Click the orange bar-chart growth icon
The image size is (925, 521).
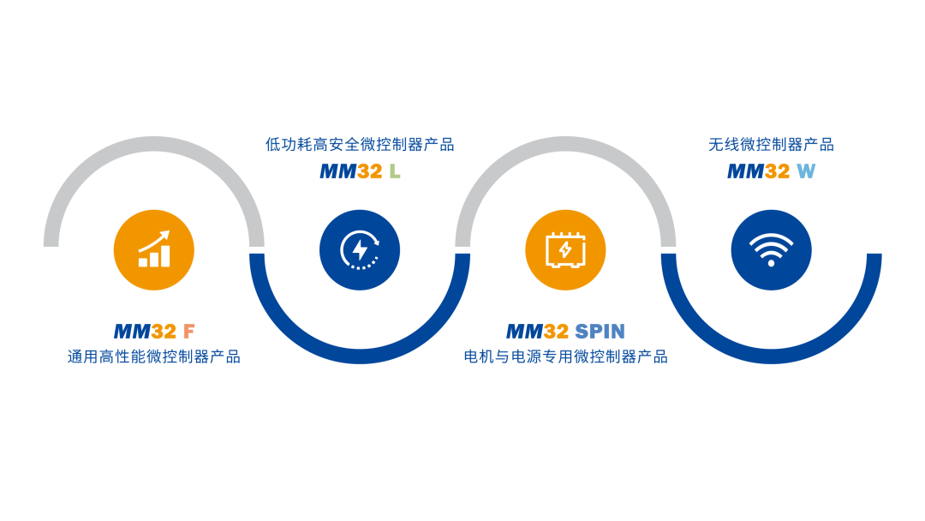tap(154, 250)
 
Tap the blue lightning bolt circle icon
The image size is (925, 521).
tap(360, 250)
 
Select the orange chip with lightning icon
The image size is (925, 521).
tap(565, 250)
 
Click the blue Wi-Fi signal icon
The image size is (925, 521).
tap(771, 250)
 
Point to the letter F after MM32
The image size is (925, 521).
tap(189, 332)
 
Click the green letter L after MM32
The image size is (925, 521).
tap(395, 171)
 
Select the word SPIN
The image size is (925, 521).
tap(600, 332)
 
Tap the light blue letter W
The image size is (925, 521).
tap(806, 171)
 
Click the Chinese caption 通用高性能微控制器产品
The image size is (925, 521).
tap(154, 356)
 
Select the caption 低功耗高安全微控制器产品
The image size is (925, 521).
tap(360, 145)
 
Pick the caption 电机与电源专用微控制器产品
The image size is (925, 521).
tap(565, 356)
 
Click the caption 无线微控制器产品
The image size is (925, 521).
tap(771, 145)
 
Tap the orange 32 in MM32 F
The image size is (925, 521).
tap(164, 332)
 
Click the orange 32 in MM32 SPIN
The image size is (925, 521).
tap(556, 332)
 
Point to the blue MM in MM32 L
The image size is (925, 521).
tap(337, 171)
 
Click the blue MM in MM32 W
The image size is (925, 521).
tap(745, 171)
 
